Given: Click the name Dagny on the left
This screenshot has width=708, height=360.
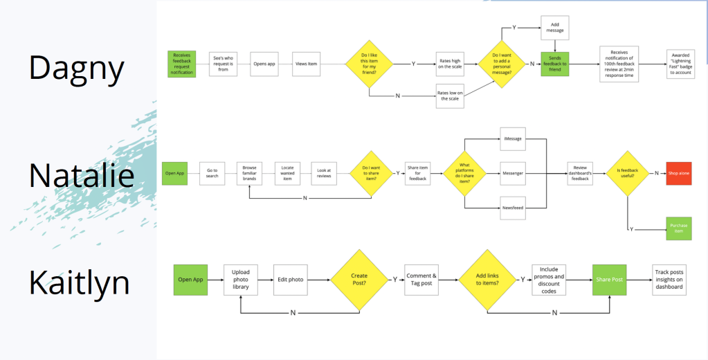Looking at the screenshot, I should pos(76,68).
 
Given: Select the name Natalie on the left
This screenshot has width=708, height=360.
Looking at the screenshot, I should pos(81,174).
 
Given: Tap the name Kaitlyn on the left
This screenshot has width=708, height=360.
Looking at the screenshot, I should pos(78,282).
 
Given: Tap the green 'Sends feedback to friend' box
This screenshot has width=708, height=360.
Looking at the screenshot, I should pos(555,64).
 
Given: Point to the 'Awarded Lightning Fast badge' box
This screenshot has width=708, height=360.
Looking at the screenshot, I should pos(680,64).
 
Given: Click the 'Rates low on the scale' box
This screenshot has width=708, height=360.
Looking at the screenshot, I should pos(450,94).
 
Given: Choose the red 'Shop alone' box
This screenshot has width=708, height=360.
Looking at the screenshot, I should pos(678,172).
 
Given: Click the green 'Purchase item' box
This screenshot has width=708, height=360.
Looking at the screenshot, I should pos(678,228).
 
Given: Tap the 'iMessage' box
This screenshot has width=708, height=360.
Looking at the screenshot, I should pos(513,139).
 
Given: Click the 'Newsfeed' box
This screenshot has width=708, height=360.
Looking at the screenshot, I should pos(513,206).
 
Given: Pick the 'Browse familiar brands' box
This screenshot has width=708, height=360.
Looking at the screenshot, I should pos(251,172).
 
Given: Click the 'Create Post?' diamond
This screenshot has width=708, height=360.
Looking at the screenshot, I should pos(358,280).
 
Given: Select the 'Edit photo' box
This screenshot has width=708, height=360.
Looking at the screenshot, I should pos(290,280).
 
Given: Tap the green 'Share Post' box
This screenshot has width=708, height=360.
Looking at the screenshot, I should pos(609,280).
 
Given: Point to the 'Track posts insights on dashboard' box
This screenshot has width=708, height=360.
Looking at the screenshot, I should pos(669,280).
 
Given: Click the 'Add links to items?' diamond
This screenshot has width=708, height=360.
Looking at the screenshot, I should pos(488,280).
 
